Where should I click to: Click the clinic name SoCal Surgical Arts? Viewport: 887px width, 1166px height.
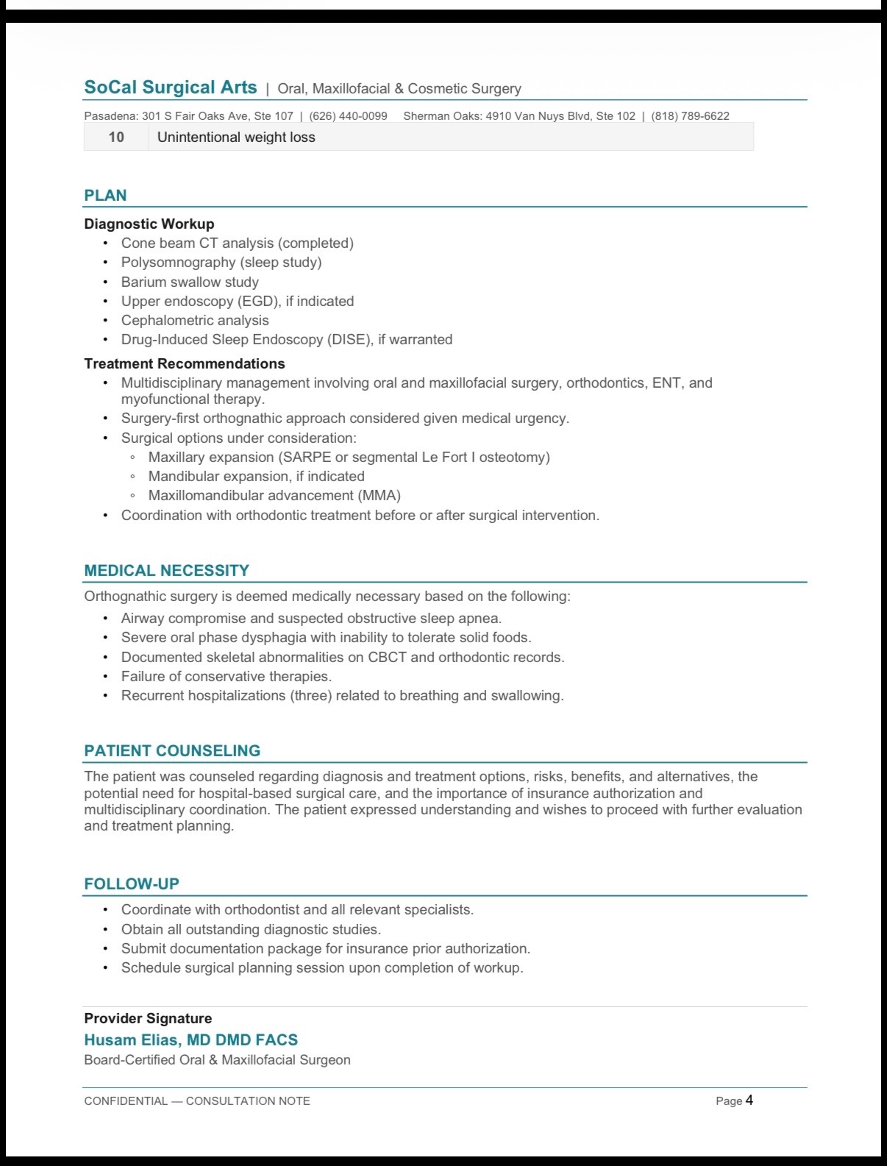[170, 88]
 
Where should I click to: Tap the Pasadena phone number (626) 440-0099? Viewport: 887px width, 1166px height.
[348, 116]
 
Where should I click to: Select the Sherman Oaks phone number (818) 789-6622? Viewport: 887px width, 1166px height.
[690, 116]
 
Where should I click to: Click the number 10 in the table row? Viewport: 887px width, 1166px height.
[116, 137]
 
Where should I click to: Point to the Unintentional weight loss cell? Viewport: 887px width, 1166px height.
[236, 137]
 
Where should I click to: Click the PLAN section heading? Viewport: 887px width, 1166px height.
[105, 196]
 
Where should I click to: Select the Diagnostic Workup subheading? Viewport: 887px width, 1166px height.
[149, 224]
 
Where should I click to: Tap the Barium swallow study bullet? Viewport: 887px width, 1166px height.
[190, 282]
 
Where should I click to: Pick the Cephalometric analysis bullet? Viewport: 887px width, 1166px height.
[195, 320]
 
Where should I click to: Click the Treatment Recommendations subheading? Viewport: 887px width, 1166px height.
[185, 363]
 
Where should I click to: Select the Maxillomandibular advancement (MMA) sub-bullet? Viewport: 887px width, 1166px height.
[274, 495]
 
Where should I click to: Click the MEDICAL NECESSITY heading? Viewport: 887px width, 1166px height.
[166, 571]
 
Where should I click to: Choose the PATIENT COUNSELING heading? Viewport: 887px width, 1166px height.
[172, 751]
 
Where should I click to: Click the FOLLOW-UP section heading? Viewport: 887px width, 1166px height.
[132, 884]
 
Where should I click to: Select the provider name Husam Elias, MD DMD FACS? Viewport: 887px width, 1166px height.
[190, 1040]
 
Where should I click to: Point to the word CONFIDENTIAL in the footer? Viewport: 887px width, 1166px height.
[126, 1101]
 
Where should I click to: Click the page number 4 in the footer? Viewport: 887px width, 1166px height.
[749, 1101]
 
